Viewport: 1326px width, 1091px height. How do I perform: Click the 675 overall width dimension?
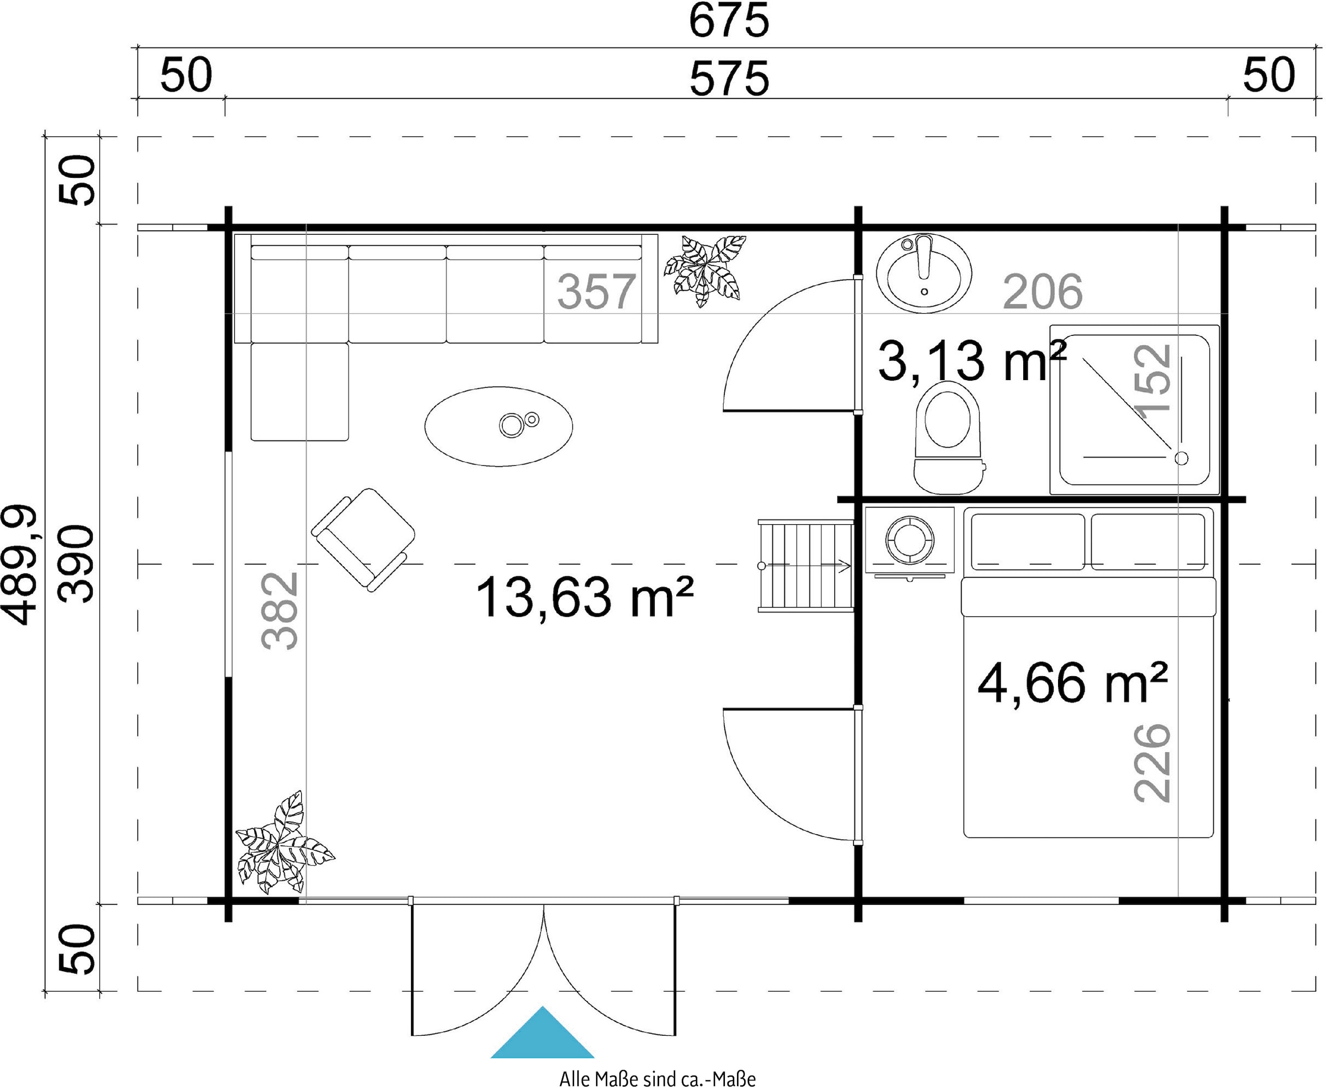pyautogui.click(x=728, y=22)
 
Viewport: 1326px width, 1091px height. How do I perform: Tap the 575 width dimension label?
pyautogui.click(x=729, y=79)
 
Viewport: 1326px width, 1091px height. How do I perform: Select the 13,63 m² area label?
pyautogui.click(x=585, y=597)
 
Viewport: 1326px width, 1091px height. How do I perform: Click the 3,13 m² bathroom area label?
pyautogui.click(x=971, y=361)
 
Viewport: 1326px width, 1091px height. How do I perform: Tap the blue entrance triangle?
pyautogui.click(x=543, y=1032)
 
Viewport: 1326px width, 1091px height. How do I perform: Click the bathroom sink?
pyautogui.click(x=924, y=273)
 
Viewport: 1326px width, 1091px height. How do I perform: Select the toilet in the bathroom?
pyautogui.click(x=948, y=437)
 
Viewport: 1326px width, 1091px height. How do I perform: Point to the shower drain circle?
pyautogui.click(x=1181, y=458)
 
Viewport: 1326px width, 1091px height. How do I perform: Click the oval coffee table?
pyautogui.click(x=498, y=426)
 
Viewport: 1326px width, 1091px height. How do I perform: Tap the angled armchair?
pyautogui.click(x=363, y=540)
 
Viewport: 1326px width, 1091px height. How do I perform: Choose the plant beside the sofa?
pyautogui.click(x=704, y=271)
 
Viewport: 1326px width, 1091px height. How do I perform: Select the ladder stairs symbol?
pyautogui.click(x=806, y=565)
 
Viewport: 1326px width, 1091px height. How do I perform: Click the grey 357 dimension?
pyautogui.click(x=596, y=292)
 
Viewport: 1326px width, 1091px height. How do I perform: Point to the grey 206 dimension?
pyautogui.click(x=1043, y=292)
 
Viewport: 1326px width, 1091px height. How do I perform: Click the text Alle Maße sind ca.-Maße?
pyautogui.click(x=657, y=1078)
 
